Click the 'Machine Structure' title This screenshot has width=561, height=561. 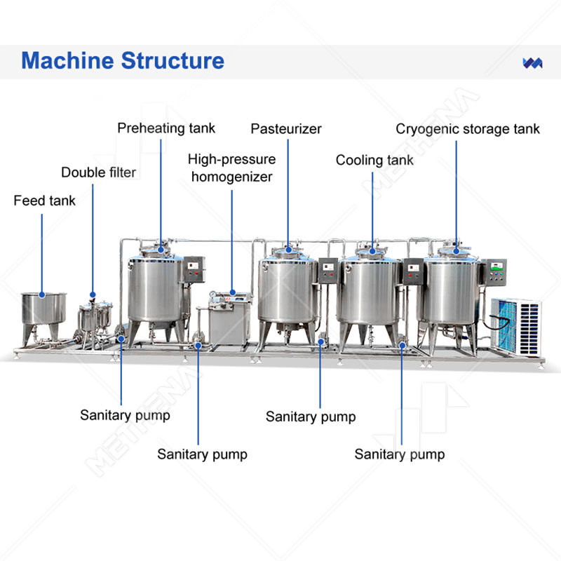pyautogui.click(x=123, y=60)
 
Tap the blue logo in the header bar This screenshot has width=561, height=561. pyautogui.click(x=533, y=62)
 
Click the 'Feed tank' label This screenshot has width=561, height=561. pyautogui.click(x=44, y=201)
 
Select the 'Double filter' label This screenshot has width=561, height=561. pyautogui.click(x=98, y=173)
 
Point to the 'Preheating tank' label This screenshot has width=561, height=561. pyautogui.click(x=166, y=128)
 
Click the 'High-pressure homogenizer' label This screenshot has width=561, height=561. pyautogui.click(x=231, y=168)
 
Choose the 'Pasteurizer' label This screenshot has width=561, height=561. pyautogui.click(x=286, y=129)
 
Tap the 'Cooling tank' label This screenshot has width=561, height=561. pyautogui.click(x=374, y=160)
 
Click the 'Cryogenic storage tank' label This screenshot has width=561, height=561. pyautogui.click(x=468, y=129)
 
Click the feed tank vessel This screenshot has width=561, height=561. pyautogui.click(x=43, y=309)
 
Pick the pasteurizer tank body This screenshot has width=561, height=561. pyautogui.click(x=287, y=291)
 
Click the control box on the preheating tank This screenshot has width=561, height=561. pyautogui.click(x=194, y=269)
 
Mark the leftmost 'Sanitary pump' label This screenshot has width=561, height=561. pyautogui.click(x=125, y=415)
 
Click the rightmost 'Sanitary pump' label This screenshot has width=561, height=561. pyautogui.click(x=399, y=454)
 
